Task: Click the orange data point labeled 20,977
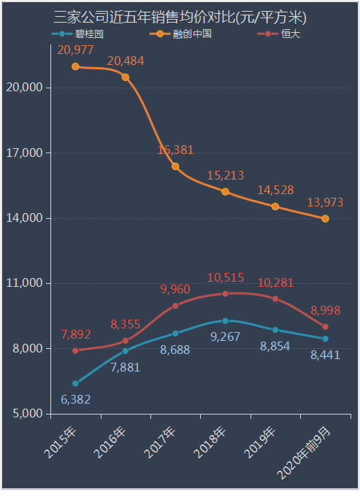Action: point(75,66)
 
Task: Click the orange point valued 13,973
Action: point(325,218)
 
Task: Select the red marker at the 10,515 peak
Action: point(225,293)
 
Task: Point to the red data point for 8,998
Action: point(325,326)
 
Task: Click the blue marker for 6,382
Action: point(75,383)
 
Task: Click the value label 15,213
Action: point(225,176)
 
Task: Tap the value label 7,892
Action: point(76,334)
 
